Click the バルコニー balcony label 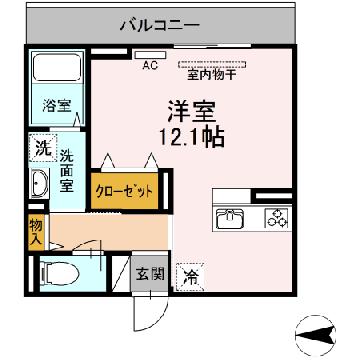[x=160, y=25]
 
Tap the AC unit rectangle [x=150, y=55]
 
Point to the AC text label [x=150, y=66]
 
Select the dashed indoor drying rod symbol [x=212, y=64]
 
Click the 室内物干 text [x=212, y=75]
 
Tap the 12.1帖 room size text [x=192, y=137]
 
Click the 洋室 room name [x=191, y=111]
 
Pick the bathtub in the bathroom [x=58, y=68]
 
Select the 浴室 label [x=56, y=106]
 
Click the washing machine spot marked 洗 [x=43, y=148]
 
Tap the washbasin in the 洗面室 [x=39, y=183]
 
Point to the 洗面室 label [x=67, y=171]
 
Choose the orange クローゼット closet [x=124, y=191]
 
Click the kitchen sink [x=230, y=218]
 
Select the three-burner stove [x=276, y=218]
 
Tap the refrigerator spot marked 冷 [x=190, y=277]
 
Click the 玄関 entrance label [x=150, y=275]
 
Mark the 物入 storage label [x=36, y=234]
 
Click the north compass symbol [x=316, y=335]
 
